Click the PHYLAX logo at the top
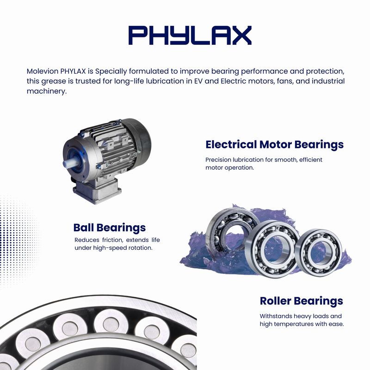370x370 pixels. (190, 36)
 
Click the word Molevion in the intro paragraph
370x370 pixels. (43, 71)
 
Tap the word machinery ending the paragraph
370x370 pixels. (47, 91)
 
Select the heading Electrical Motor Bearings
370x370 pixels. (274, 144)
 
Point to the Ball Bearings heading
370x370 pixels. (110, 228)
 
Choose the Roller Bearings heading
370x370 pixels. (302, 301)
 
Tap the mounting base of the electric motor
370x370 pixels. (97, 191)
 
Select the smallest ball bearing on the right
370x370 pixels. (319, 252)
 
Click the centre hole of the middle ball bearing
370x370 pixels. (273, 249)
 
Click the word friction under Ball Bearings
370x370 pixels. (112, 240)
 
